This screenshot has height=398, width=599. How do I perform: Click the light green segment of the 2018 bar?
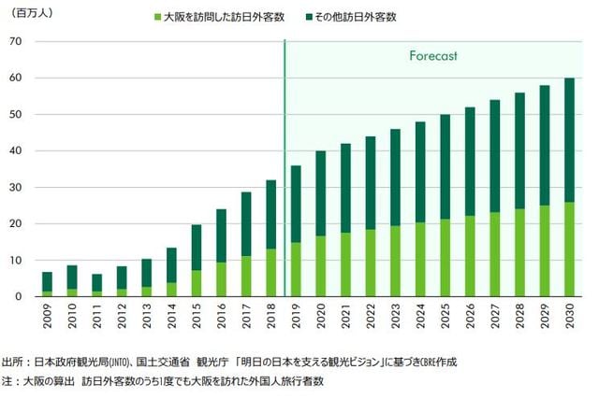[x=271, y=273]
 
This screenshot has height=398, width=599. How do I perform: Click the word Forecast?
[x=432, y=56]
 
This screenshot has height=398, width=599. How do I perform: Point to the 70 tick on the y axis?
[x=16, y=41]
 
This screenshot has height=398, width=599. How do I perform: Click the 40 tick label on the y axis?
[x=16, y=150]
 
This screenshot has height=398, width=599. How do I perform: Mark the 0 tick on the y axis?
[x=20, y=297]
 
